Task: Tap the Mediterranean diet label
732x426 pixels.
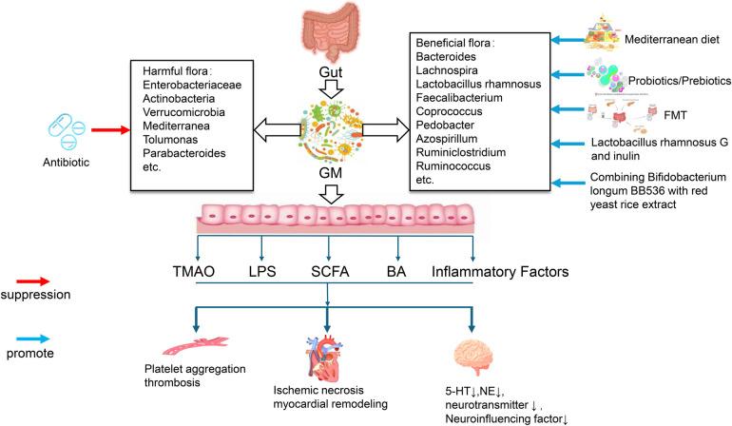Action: tap(674, 41)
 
